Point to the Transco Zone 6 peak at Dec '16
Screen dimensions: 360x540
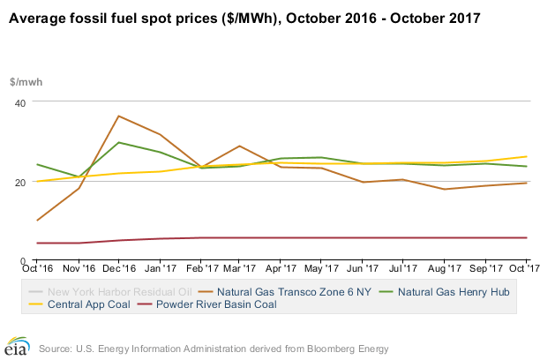coord(118,116)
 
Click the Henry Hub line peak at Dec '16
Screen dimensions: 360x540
coord(118,142)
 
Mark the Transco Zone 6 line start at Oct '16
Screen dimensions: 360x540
coord(37,221)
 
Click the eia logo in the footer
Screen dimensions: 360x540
coord(15,346)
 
